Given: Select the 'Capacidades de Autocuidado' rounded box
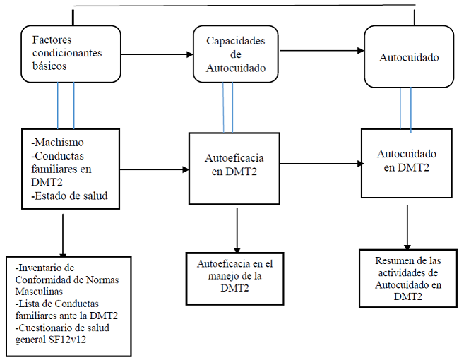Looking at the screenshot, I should click(x=236, y=54).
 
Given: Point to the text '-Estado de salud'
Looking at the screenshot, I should click(x=69, y=196).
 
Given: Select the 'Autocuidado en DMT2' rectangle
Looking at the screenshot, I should click(x=406, y=163).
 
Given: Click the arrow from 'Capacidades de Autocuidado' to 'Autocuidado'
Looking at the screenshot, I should click(x=321, y=51).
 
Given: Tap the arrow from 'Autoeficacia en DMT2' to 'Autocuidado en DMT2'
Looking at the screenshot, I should click(x=322, y=164).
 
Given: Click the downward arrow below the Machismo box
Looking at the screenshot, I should click(x=64, y=233).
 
